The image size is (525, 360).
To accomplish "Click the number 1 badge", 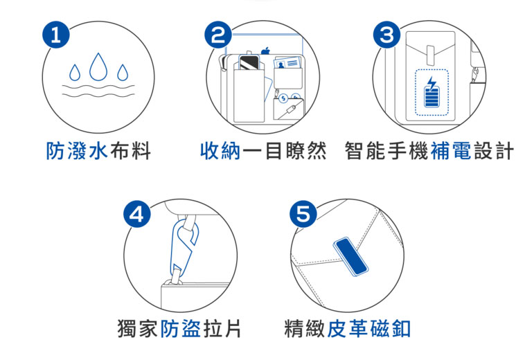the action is tap(56, 35).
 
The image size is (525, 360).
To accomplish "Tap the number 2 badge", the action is tap(218, 35).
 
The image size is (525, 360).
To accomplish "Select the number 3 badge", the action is tap(387, 35).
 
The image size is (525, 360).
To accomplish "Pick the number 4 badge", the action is tap(137, 214).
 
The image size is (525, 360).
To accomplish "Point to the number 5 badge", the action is tap(303, 214).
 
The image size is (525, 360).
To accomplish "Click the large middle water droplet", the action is tap(98, 67).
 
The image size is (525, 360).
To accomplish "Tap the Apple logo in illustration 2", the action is tap(265, 51).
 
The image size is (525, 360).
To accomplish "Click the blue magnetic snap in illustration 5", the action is tap(350, 257).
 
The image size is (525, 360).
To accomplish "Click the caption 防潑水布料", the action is tap(98, 151).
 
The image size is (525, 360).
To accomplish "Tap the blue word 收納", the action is tap(220, 151).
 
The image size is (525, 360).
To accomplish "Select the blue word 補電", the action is tap(451, 151).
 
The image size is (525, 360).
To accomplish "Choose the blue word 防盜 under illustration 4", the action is tap(181, 329).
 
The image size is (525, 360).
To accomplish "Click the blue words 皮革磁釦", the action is tap(368, 329).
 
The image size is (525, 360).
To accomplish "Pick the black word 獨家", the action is tap(138, 329).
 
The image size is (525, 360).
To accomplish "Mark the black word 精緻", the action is tap(305, 329).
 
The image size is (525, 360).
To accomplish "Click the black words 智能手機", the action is tap(386, 151).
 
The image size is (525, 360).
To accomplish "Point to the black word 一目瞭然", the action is tap(285, 151).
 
